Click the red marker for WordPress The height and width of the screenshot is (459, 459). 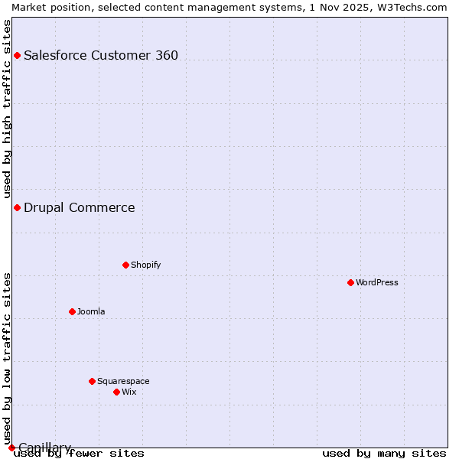350,282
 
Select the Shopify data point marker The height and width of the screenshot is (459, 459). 125,265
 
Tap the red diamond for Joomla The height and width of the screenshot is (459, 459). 72,311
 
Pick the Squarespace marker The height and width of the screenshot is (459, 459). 92,381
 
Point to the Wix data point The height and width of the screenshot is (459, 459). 116,392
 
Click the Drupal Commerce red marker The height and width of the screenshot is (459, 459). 17,207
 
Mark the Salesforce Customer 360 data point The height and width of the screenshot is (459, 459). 17,55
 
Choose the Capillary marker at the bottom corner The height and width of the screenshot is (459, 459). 11,448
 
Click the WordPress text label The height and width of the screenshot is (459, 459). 377,282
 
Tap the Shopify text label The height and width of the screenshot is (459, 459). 145,265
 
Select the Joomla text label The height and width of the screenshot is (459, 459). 91,311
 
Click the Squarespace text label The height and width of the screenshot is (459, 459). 123,381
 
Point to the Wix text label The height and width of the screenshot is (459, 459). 129,392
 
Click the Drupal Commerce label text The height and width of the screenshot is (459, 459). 80,207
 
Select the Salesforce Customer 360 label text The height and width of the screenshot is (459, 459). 101,55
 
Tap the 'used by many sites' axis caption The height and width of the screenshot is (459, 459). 384,454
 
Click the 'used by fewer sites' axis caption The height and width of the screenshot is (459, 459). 79,454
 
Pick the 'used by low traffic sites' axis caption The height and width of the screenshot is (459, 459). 8,358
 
